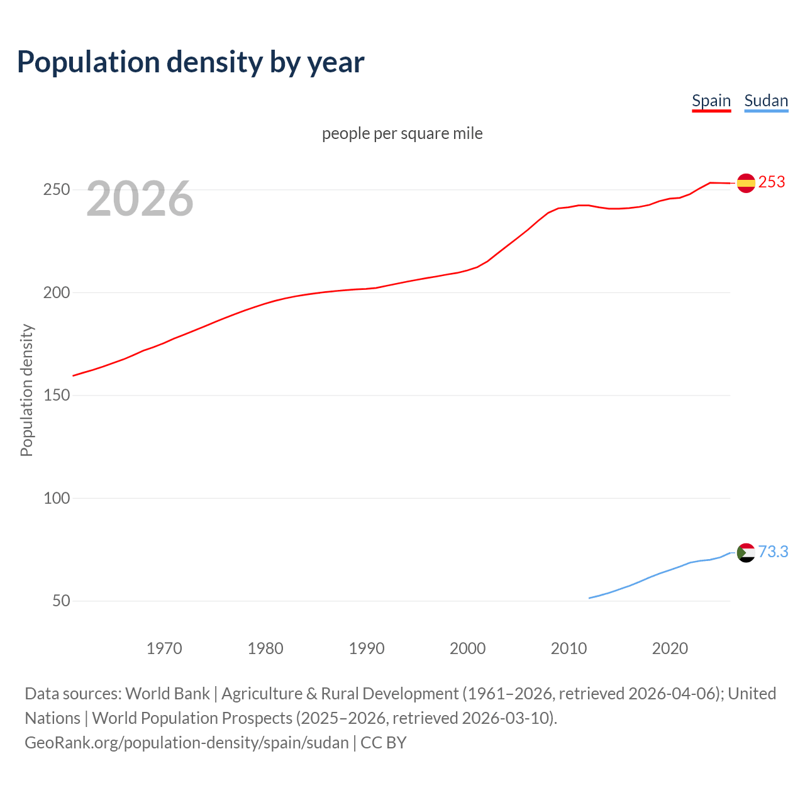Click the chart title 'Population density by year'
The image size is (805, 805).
point(191,62)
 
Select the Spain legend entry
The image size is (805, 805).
point(711,101)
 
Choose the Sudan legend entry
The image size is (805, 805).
point(765,101)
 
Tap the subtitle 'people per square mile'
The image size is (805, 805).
point(402,133)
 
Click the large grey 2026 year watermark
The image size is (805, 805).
point(140,199)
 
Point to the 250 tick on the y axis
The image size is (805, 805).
point(56,190)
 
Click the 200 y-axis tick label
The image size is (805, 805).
point(56,292)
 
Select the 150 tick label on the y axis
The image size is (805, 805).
point(56,396)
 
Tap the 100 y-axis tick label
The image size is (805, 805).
point(56,498)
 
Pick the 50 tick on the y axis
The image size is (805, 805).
point(61,601)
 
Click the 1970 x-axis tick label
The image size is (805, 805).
point(164,648)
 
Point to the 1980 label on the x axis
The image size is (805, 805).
point(265,648)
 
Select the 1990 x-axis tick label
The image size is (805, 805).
point(367,648)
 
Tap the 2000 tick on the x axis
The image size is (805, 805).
point(467,648)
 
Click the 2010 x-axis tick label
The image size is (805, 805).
point(569,648)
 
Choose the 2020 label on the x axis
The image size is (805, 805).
point(670,648)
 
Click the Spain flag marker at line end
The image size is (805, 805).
point(746,183)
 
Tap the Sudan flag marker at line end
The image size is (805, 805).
point(746,553)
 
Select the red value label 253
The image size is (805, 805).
point(772,182)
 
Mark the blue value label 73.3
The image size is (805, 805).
point(773,552)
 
